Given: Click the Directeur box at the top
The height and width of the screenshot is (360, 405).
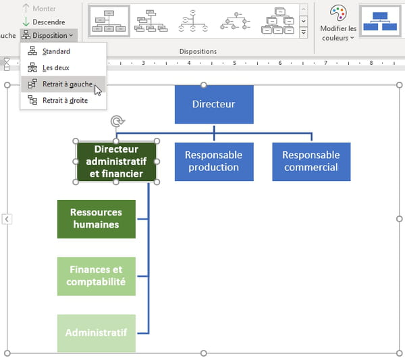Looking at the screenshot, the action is coord(214,105).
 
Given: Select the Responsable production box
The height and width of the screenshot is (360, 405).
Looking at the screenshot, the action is coord(214,161).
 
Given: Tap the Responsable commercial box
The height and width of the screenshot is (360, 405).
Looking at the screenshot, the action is coord(311,161).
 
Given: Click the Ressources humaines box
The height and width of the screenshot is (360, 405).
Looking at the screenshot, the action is coord(97,219).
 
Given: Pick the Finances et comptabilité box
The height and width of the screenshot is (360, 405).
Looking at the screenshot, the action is coord(97,276).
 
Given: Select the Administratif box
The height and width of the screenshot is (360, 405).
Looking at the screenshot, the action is coord(97,333).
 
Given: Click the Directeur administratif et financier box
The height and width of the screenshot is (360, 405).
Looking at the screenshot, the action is coord(116,161).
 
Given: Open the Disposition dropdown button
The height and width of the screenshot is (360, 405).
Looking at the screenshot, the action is coord(49,35).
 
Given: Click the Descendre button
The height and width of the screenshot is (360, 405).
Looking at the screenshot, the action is coord(44,22).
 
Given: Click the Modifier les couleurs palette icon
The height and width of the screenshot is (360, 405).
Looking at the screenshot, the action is coord(338,13).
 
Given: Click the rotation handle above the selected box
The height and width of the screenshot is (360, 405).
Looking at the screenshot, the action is coord(117,121).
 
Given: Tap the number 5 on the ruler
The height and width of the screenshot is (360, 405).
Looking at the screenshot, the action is coord(234,63).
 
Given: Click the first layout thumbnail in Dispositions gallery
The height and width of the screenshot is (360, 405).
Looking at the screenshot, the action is coord(109,21).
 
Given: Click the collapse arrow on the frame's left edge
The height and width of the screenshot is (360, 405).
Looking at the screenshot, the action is coord(7,219).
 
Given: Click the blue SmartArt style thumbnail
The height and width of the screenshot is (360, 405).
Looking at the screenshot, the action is coord(380,21).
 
